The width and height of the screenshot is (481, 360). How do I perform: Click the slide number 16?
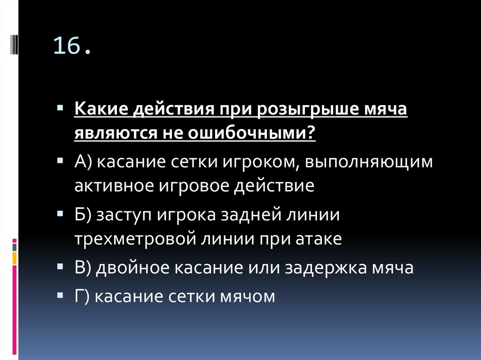[72, 47]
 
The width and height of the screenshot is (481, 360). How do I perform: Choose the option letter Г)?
[83, 297]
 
